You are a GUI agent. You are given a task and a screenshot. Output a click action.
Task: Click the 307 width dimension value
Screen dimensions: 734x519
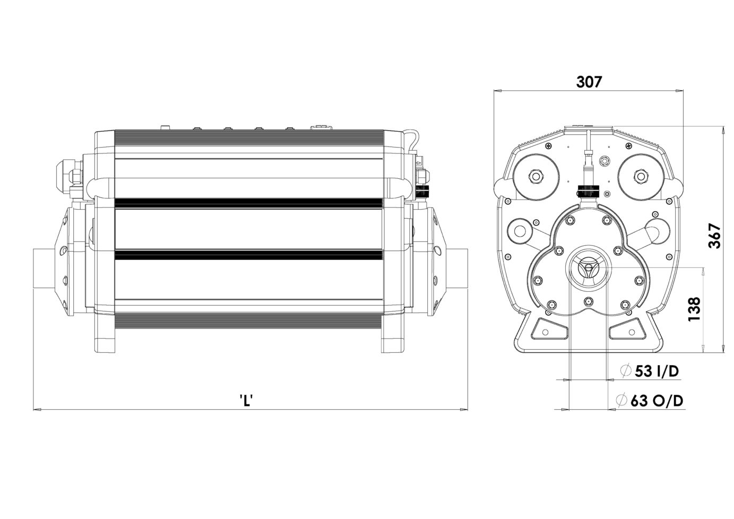[589, 82]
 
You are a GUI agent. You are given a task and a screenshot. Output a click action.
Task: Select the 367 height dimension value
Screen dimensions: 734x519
[715, 236]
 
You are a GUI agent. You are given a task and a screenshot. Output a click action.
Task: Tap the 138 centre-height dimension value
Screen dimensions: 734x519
[694, 309]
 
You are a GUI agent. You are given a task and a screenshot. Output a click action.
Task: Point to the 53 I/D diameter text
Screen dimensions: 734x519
[657, 371]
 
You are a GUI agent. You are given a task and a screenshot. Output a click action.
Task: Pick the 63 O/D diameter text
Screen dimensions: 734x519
[657, 401]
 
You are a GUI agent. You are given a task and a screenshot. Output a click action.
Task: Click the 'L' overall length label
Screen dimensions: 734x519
[247, 400]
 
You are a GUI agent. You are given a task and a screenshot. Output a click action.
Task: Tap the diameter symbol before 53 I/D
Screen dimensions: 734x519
[626, 371]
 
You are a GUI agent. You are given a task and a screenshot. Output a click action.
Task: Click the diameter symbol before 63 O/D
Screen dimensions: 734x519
[621, 401]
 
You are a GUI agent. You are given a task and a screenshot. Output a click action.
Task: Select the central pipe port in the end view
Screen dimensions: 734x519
[589, 267]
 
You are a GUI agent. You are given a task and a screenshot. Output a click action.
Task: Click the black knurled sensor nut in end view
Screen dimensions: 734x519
[589, 189]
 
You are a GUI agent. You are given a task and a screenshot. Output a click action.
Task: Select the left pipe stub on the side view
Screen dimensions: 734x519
[44, 269]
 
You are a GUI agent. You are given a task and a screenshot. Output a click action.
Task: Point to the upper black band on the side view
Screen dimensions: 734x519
[248, 203]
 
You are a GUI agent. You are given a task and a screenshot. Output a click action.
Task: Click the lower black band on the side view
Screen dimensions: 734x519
[248, 255]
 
